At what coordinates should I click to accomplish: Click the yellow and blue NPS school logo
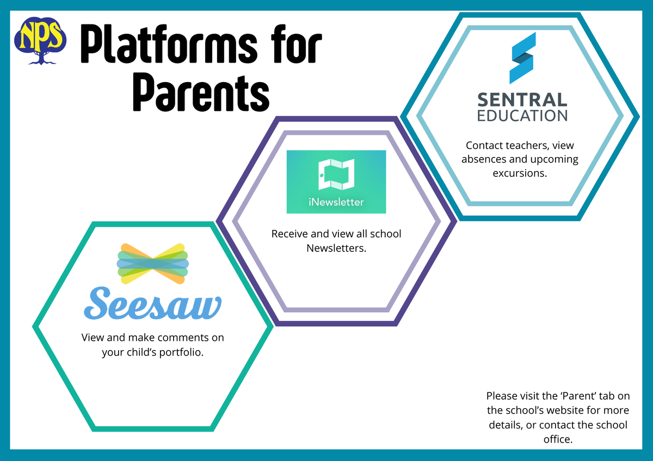[40, 41]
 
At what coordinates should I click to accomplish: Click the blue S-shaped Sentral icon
[522, 58]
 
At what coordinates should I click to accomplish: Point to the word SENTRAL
[522, 100]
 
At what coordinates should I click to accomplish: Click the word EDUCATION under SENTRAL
[522, 116]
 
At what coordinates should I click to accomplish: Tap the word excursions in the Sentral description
[520, 173]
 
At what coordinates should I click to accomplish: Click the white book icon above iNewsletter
[336, 174]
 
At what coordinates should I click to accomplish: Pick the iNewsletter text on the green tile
[336, 202]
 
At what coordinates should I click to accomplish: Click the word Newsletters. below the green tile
[336, 248]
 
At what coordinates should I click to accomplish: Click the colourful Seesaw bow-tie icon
[153, 264]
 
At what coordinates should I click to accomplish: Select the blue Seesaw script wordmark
[153, 303]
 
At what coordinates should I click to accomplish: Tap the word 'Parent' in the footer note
[578, 396]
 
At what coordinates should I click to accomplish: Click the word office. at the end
[558, 439]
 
